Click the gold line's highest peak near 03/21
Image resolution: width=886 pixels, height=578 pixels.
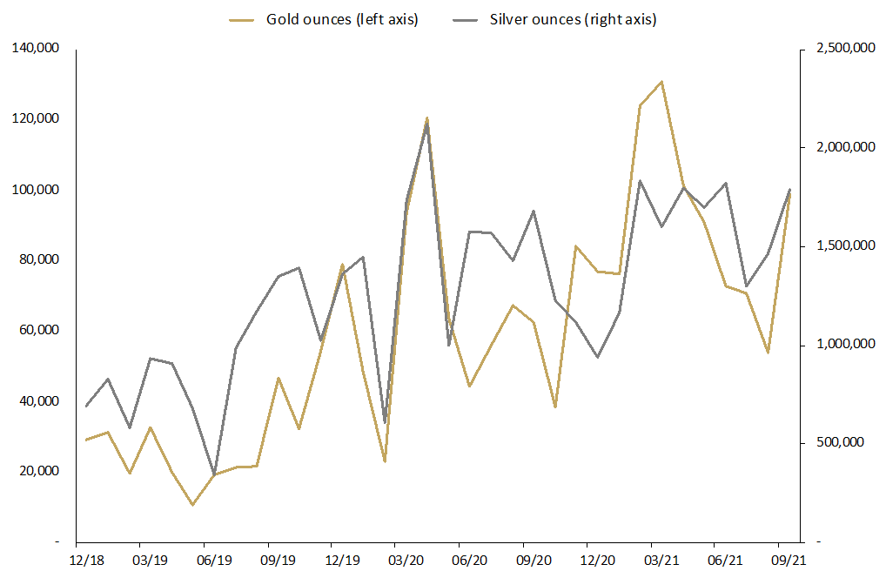[x=662, y=82]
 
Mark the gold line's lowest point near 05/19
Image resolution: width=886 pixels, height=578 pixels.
[x=192, y=505]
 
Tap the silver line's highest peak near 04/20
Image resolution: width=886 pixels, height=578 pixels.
[x=426, y=124]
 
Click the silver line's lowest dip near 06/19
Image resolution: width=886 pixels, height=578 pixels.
[x=214, y=474]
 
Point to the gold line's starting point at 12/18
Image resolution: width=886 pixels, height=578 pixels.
[x=85, y=440]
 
